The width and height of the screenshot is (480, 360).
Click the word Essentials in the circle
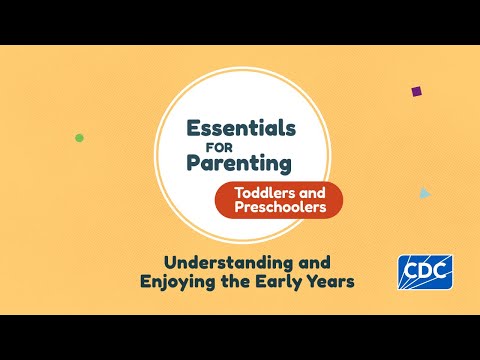coord(241,128)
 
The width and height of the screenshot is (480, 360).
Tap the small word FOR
coord(219,148)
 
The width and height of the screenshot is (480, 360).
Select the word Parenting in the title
coord(239,164)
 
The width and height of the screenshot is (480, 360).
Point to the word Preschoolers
coord(280,207)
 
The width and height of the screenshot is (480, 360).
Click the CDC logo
coord(425,272)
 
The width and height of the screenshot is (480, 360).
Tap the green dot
coord(79,138)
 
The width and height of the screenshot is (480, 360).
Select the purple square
coord(417,91)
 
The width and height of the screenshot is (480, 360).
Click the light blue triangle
coord(425,193)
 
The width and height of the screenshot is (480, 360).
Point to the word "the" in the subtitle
coord(235,281)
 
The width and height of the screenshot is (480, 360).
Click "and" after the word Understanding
coord(314,263)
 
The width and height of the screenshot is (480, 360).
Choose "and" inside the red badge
coord(312,193)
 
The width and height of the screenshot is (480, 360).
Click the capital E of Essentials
coord(193,128)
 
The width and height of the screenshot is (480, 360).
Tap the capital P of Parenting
coord(193,163)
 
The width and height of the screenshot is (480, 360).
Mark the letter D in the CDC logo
coord(425,271)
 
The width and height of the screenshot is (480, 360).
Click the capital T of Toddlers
coord(240,193)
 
